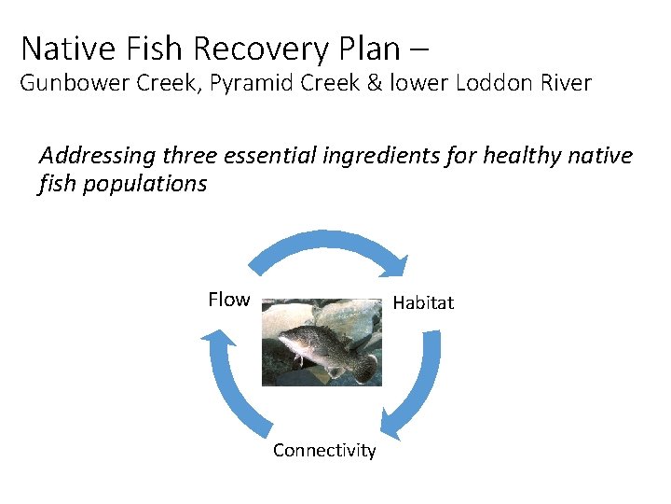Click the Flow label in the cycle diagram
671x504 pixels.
[x=228, y=300]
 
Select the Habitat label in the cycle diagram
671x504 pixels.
[x=423, y=302]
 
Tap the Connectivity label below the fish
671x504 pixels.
[x=324, y=451]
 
